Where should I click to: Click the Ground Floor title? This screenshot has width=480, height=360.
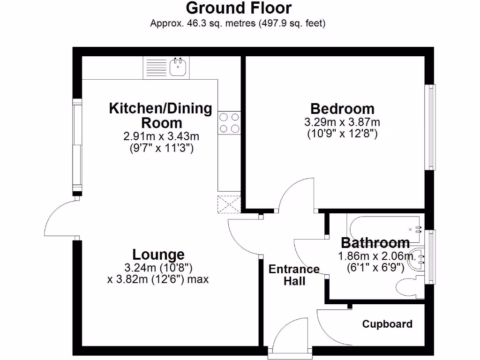tap(239, 8)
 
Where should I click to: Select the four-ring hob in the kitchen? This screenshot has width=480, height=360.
tap(229, 122)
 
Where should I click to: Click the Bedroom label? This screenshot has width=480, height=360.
tap(343, 109)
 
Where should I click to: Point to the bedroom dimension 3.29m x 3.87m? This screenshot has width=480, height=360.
tap(342, 122)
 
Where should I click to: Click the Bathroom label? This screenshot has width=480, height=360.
tap(375, 243)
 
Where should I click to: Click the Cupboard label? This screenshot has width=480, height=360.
tap(387, 324)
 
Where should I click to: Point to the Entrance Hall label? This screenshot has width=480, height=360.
tap(294, 275)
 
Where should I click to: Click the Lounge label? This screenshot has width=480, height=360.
tap(158, 255)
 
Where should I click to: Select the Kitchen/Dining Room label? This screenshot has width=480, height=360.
tap(161, 115)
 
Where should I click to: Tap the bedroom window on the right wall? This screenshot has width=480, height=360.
tap(430, 127)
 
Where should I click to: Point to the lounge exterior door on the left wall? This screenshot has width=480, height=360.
tap(61, 218)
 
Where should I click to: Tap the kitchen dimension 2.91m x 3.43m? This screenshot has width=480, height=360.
tap(161, 136)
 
